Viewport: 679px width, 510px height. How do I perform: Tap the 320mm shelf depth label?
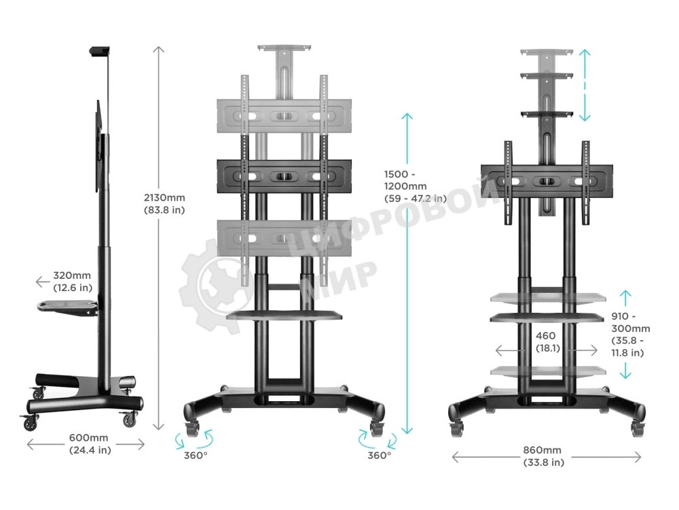(73, 282)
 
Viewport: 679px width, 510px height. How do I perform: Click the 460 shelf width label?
(546, 341)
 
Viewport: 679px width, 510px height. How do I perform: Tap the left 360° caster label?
(196, 455)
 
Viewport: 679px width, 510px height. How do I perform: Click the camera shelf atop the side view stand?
(99, 51)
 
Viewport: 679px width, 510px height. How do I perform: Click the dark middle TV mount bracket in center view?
(285, 176)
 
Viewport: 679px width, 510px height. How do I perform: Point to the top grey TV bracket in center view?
(285, 116)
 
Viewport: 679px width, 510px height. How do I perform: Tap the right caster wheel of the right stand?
(638, 427)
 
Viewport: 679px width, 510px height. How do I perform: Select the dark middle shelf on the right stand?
(547, 318)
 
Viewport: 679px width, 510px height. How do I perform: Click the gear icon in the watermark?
(214, 286)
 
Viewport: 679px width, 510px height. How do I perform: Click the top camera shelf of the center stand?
(284, 50)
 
